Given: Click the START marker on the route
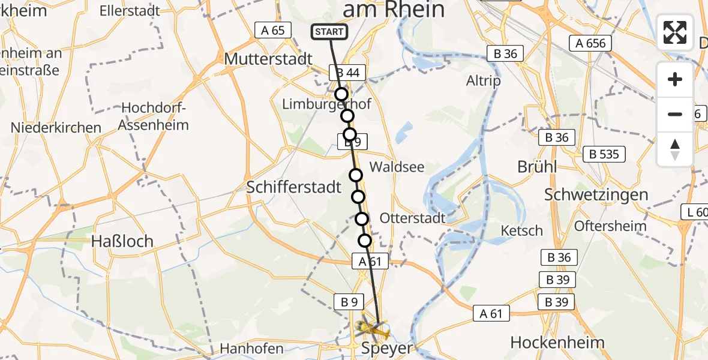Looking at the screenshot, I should (x=329, y=32).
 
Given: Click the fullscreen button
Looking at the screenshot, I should (x=675, y=32).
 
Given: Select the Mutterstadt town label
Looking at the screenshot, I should (x=268, y=59).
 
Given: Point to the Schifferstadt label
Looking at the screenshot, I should (x=294, y=187).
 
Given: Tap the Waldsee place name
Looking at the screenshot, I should (x=397, y=167).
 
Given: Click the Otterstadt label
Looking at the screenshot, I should (x=413, y=218).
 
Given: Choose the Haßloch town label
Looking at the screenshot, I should (x=122, y=241).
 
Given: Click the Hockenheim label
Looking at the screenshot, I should (x=557, y=342).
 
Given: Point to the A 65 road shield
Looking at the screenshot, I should (x=273, y=30).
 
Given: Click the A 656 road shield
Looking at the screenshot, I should (x=590, y=43).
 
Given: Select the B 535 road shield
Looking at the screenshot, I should (x=604, y=154).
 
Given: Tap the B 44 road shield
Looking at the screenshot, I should (x=347, y=73).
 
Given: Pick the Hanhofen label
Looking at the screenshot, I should (x=252, y=348).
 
